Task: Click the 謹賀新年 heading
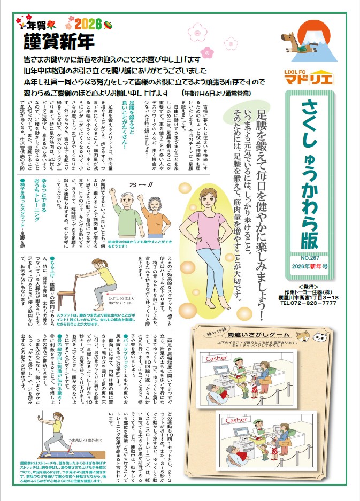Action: pyautogui.click(x=59, y=41)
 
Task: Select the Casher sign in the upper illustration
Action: pyautogui.click(x=216, y=358)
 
